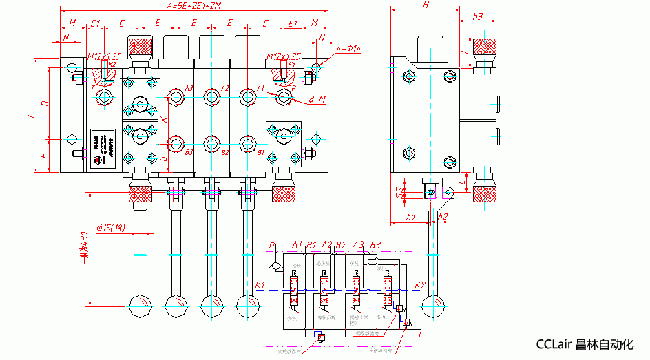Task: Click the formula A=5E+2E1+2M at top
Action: click(x=193, y=6)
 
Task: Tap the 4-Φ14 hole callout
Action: click(x=348, y=49)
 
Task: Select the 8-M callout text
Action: click(x=317, y=100)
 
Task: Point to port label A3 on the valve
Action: click(x=189, y=89)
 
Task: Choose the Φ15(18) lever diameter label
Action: click(x=110, y=228)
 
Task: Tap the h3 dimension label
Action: click(x=478, y=16)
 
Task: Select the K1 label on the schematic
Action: click(x=260, y=285)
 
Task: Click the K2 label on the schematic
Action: click(x=421, y=285)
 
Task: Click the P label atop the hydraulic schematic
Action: click(x=273, y=245)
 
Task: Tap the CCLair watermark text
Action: click(x=584, y=345)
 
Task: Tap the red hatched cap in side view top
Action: click(x=485, y=47)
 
